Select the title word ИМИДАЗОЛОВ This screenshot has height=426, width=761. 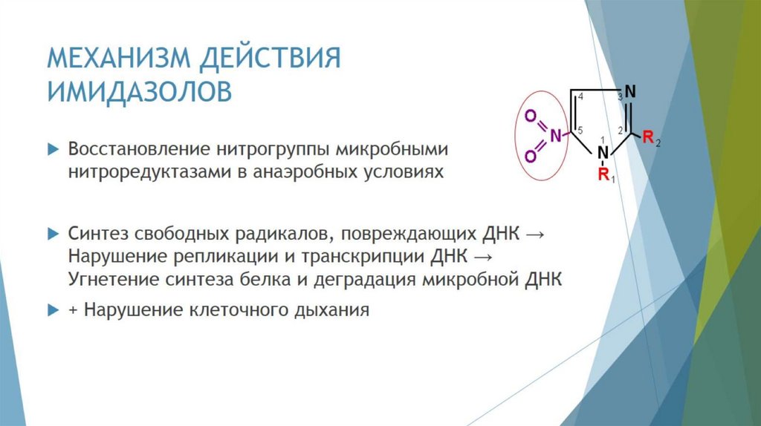(140, 92)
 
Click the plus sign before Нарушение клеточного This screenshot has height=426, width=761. (74, 309)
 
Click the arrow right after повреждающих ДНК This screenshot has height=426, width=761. (534, 234)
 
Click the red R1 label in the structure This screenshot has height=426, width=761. (605, 176)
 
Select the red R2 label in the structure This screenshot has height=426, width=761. (651, 138)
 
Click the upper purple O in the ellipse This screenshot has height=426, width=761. (531, 115)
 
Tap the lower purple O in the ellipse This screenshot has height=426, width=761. (531, 156)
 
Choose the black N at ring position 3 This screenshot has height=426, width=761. (630, 92)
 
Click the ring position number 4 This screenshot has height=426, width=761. (580, 99)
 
